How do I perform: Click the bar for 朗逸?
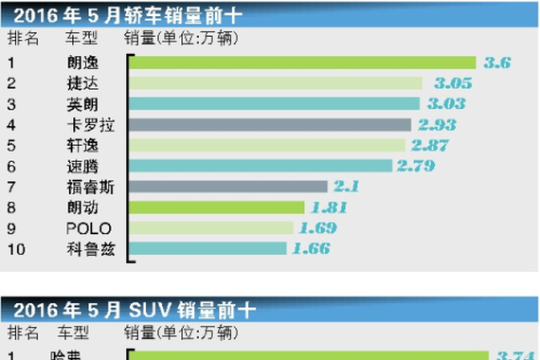point(303,63)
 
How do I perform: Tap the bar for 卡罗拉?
point(270,124)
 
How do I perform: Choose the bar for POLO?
point(210,228)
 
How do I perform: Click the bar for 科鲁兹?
point(207,248)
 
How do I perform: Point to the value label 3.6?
point(497,63)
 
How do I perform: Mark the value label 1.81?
point(326,207)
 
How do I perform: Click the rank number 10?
point(14,248)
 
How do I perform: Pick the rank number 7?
point(11,187)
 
